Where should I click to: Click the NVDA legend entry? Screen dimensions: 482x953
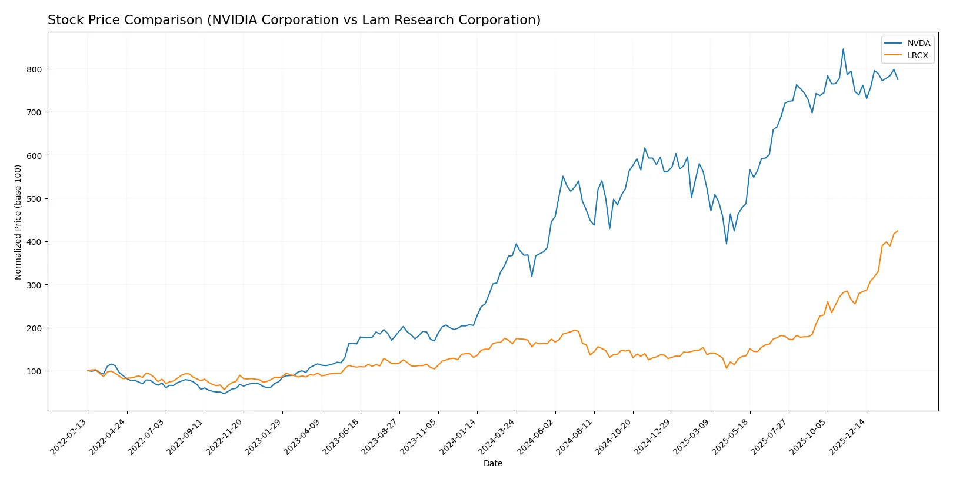918,43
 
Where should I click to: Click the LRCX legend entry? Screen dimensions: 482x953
917,55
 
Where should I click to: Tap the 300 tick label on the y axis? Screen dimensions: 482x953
34,285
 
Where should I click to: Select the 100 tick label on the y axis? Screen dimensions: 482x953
34,371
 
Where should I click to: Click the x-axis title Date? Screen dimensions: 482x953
493,463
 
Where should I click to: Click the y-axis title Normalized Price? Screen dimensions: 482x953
18,222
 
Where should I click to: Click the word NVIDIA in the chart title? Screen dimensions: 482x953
237,20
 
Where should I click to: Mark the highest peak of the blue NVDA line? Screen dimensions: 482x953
843,49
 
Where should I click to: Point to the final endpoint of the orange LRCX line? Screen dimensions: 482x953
898,231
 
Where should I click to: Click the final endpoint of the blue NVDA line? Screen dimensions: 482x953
898,79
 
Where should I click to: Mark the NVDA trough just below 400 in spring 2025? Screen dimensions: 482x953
727,244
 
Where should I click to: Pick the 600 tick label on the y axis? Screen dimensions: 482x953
34,155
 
